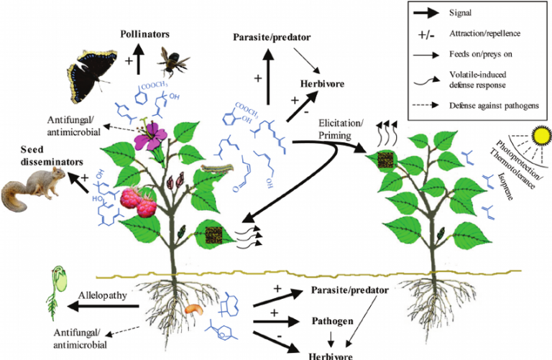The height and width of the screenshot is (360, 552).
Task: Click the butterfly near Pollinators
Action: (x=98, y=73)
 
